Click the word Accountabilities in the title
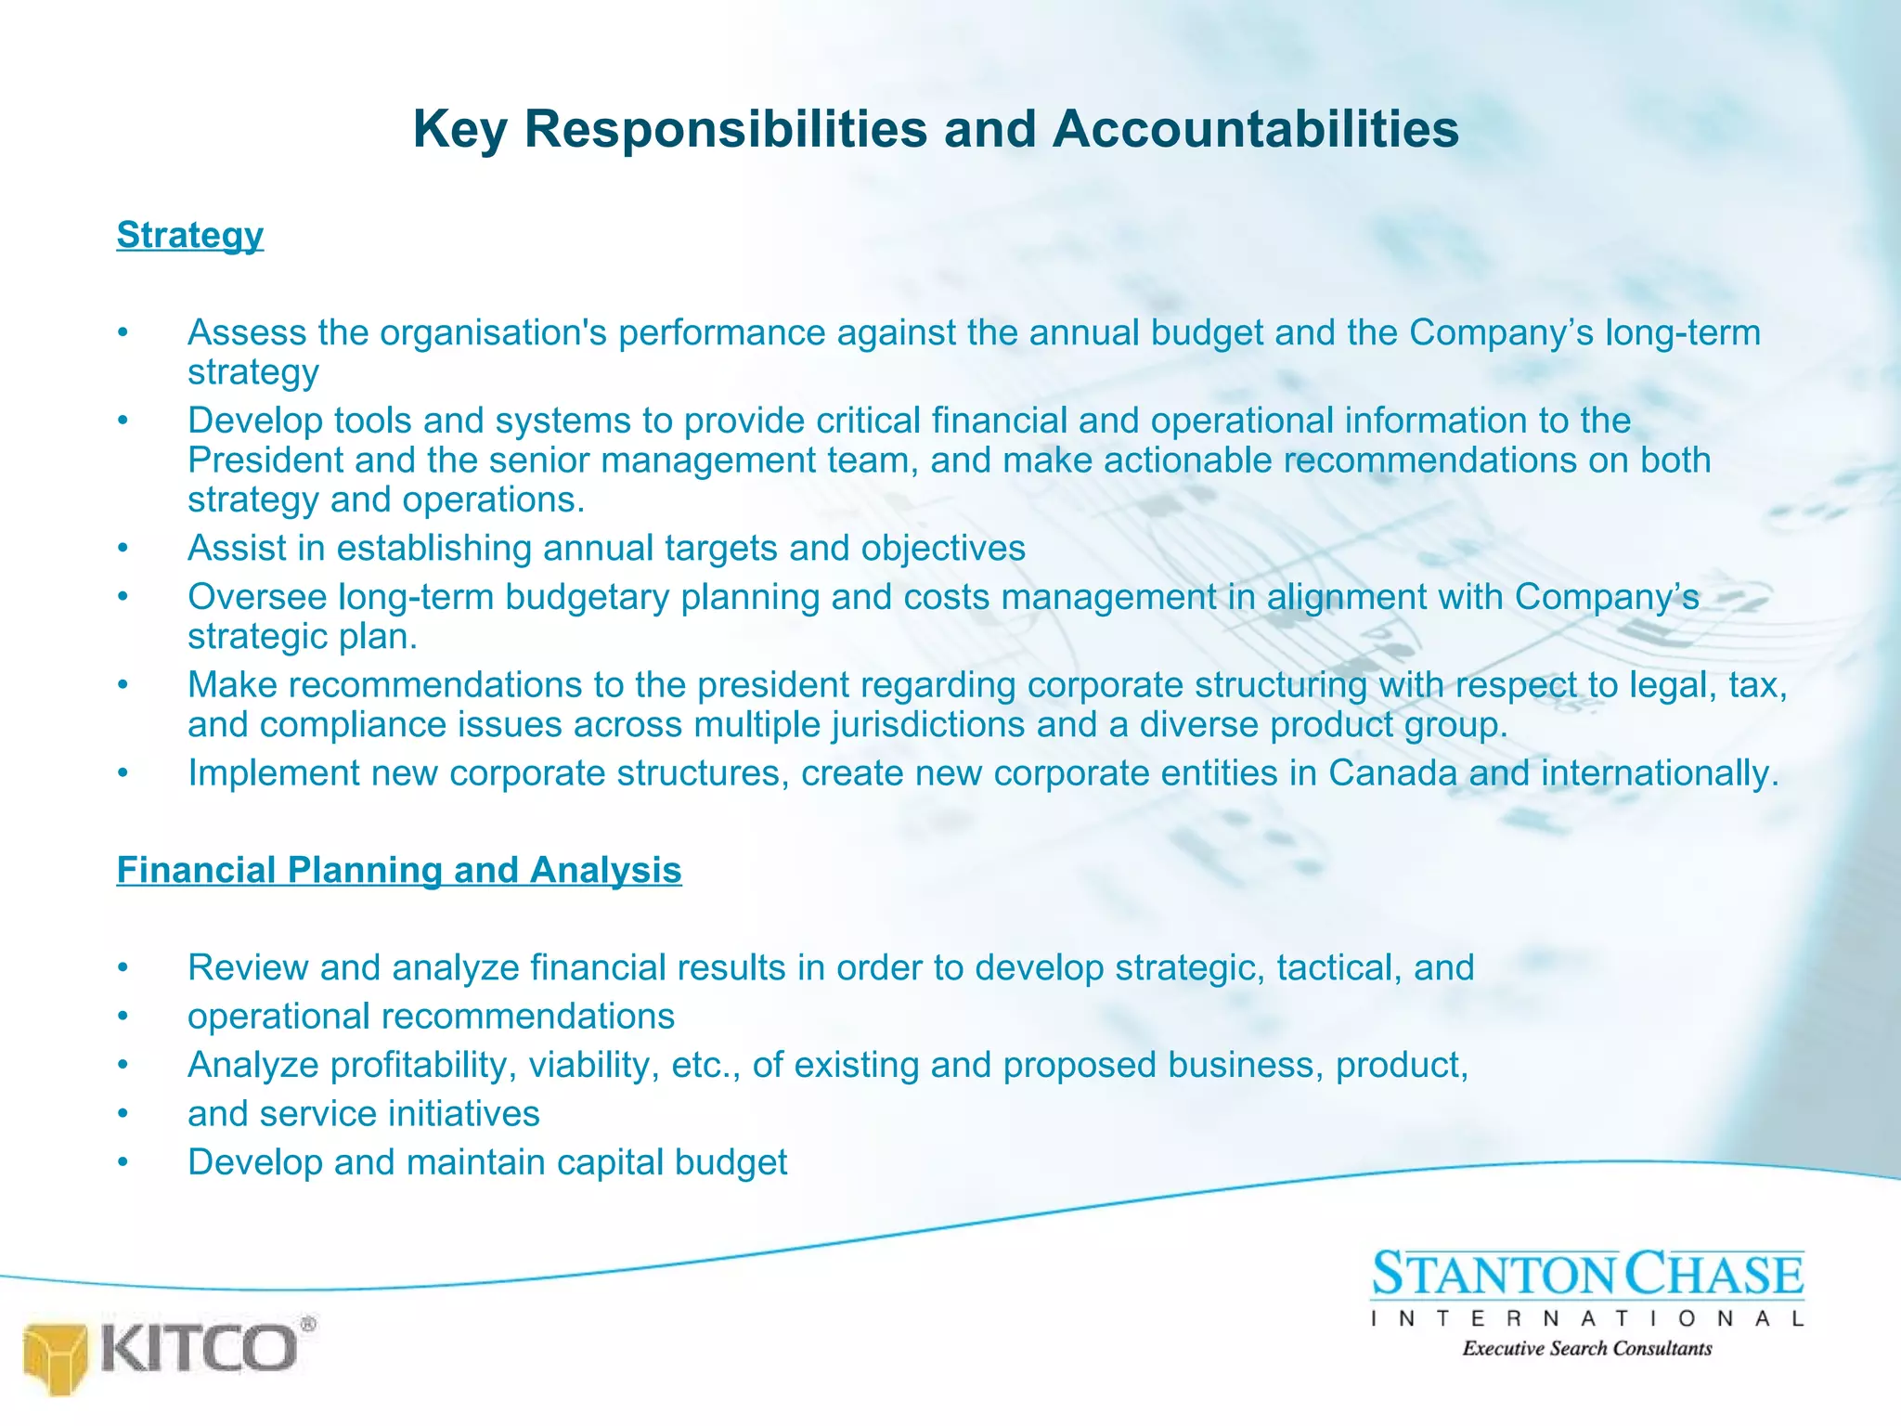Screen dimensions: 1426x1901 1255,128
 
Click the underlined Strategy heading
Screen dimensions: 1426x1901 189,235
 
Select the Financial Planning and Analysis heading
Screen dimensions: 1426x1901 399,870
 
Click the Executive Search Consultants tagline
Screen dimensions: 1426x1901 1587,1348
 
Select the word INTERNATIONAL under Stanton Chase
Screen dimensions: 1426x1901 1587,1318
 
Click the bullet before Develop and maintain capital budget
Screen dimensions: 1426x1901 122,1163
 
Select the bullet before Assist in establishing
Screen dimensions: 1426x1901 122,549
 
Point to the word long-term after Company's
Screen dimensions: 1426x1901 1682,332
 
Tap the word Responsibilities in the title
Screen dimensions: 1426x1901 725,128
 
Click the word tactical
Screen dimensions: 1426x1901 1338,967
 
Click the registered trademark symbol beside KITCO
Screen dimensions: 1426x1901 308,1324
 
